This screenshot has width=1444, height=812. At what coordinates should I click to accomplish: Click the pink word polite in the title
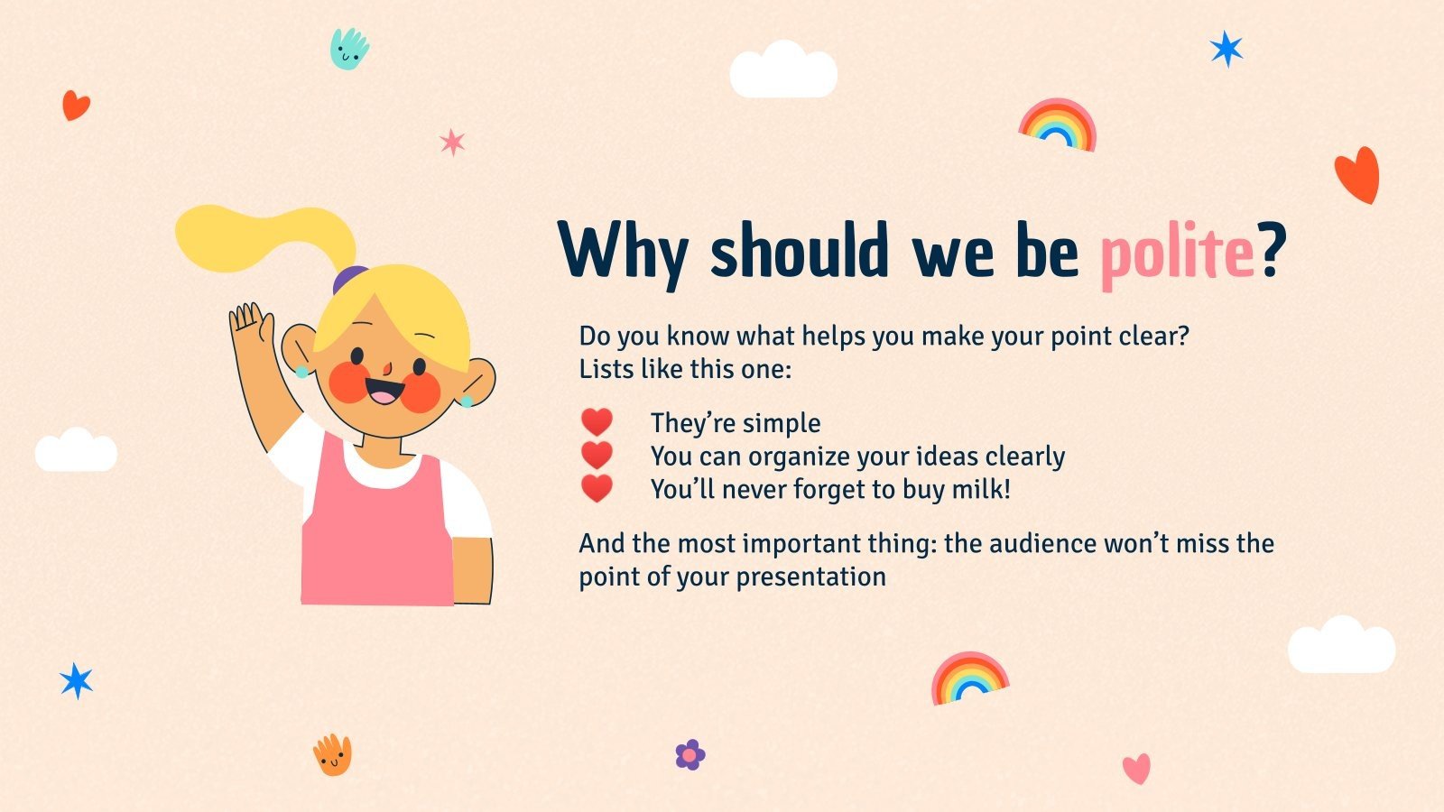click(x=1176, y=253)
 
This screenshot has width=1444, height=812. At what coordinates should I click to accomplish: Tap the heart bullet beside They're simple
click(x=597, y=422)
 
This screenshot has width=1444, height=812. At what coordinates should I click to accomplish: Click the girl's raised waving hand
click(x=250, y=325)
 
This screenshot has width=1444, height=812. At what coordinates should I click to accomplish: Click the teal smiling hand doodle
click(x=349, y=48)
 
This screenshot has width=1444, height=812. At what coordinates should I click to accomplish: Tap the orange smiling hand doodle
click(x=332, y=754)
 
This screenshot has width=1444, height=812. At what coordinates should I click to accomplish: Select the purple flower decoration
click(x=690, y=754)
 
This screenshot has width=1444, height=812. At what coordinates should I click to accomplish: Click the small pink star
click(x=452, y=142)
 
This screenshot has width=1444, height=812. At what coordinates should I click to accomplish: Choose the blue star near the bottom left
click(x=77, y=680)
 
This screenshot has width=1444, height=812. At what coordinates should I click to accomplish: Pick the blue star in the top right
click(x=1226, y=49)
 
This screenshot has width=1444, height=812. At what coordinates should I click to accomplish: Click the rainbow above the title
click(x=1058, y=125)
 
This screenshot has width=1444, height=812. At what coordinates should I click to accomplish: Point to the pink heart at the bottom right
click(x=1136, y=769)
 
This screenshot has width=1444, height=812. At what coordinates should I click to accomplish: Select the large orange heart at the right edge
click(x=1358, y=173)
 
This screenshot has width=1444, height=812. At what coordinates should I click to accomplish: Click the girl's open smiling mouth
click(x=384, y=392)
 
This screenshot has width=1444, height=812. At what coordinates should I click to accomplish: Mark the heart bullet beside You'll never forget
click(x=597, y=489)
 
